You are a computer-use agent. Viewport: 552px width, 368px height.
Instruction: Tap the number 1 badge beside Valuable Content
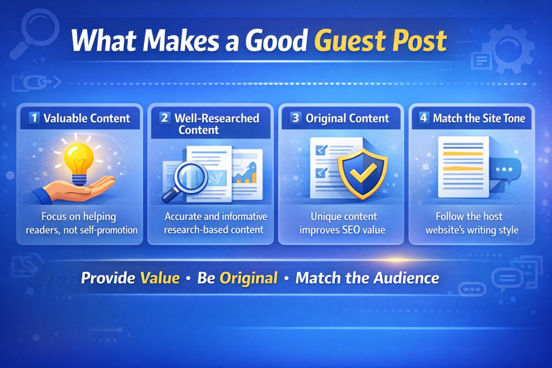(34, 118)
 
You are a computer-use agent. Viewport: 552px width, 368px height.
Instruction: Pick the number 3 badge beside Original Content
(295, 118)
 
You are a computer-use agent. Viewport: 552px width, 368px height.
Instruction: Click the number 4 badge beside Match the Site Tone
(424, 118)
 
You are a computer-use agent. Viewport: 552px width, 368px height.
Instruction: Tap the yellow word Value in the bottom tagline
(160, 278)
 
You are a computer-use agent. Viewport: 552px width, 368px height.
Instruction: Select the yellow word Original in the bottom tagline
(249, 278)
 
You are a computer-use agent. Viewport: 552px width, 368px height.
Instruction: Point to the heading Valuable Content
(86, 118)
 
